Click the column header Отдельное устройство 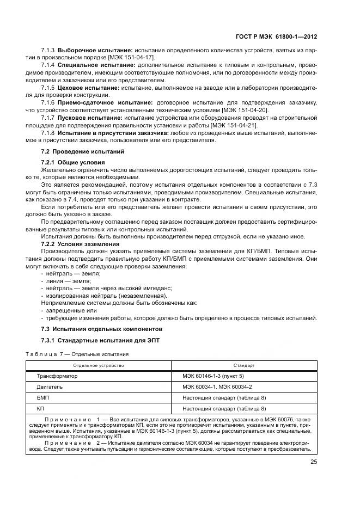(99, 365)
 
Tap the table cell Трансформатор (57, 376)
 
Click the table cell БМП (43, 398)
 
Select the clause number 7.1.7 (48, 118)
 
